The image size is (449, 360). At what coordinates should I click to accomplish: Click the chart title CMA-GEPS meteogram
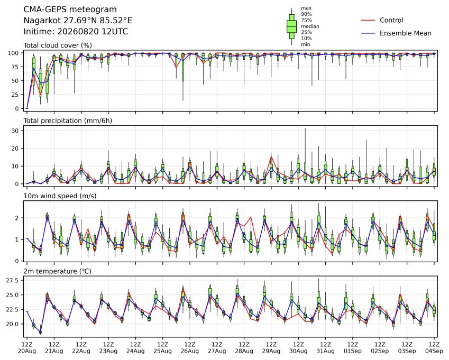(70, 10)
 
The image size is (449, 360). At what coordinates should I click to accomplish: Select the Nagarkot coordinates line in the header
(78, 21)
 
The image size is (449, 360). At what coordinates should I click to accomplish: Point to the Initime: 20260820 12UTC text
(76, 32)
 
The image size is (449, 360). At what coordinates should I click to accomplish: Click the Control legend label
(391, 20)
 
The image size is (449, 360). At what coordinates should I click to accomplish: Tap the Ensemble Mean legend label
(406, 33)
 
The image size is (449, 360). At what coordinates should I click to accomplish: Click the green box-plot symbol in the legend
(291, 26)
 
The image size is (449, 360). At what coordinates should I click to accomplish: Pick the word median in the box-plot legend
(310, 26)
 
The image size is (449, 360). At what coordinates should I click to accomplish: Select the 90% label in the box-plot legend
(306, 14)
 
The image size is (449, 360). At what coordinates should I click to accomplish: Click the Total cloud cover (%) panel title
(58, 45)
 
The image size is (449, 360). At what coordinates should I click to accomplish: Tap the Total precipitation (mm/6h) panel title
(68, 121)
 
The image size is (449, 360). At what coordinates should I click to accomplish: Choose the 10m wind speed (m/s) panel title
(60, 196)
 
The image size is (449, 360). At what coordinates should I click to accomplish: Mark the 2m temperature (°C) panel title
(57, 271)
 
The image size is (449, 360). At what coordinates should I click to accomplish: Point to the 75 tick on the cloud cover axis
(15, 67)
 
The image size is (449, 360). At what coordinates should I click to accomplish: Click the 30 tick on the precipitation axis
(15, 131)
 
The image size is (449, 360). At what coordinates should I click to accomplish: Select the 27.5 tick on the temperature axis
(12, 281)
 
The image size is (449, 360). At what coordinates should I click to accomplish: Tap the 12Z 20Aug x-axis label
(27, 348)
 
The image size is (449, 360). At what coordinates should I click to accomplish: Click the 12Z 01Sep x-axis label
(353, 348)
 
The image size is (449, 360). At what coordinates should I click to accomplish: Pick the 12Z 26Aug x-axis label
(189, 348)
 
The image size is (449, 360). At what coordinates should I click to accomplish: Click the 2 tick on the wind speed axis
(17, 218)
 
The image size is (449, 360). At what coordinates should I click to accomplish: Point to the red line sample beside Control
(368, 20)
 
